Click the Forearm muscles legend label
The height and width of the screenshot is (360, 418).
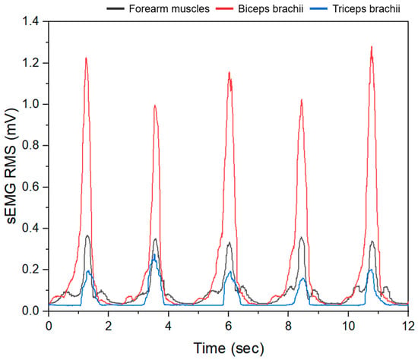pyautogui.click(x=169, y=9)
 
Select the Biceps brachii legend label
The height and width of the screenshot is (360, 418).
pyautogui.click(x=271, y=9)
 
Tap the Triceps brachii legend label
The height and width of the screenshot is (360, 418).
pyautogui.click(x=366, y=9)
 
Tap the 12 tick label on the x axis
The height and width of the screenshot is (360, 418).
pyautogui.click(x=408, y=326)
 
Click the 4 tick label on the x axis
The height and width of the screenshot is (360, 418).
pyautogui.click(x=168, y=326)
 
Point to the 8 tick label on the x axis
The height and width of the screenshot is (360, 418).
pyautogui.click(x=288, y=326)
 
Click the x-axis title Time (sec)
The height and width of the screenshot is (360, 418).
pyautogui.click(x=229, y=348)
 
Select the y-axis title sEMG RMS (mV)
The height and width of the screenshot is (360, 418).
pyautogui.click(x=11, y=166)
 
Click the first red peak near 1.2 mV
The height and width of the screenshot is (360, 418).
pyautogui.click(x=86, y=58)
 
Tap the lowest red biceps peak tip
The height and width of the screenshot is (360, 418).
pyautogui.click(x=154, y=106)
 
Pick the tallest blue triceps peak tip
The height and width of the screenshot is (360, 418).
pyautogui.click(x=154, y=254)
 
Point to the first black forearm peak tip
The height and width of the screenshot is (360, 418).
pyautogui.click(x=87, y=235)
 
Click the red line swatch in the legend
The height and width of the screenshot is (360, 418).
pyautogui.click(x=224, y=9)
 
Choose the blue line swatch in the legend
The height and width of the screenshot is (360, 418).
pyautogui.click(x=318, y=9)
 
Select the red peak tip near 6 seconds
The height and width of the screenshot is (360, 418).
pyautogui.click(x=229, y=72)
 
